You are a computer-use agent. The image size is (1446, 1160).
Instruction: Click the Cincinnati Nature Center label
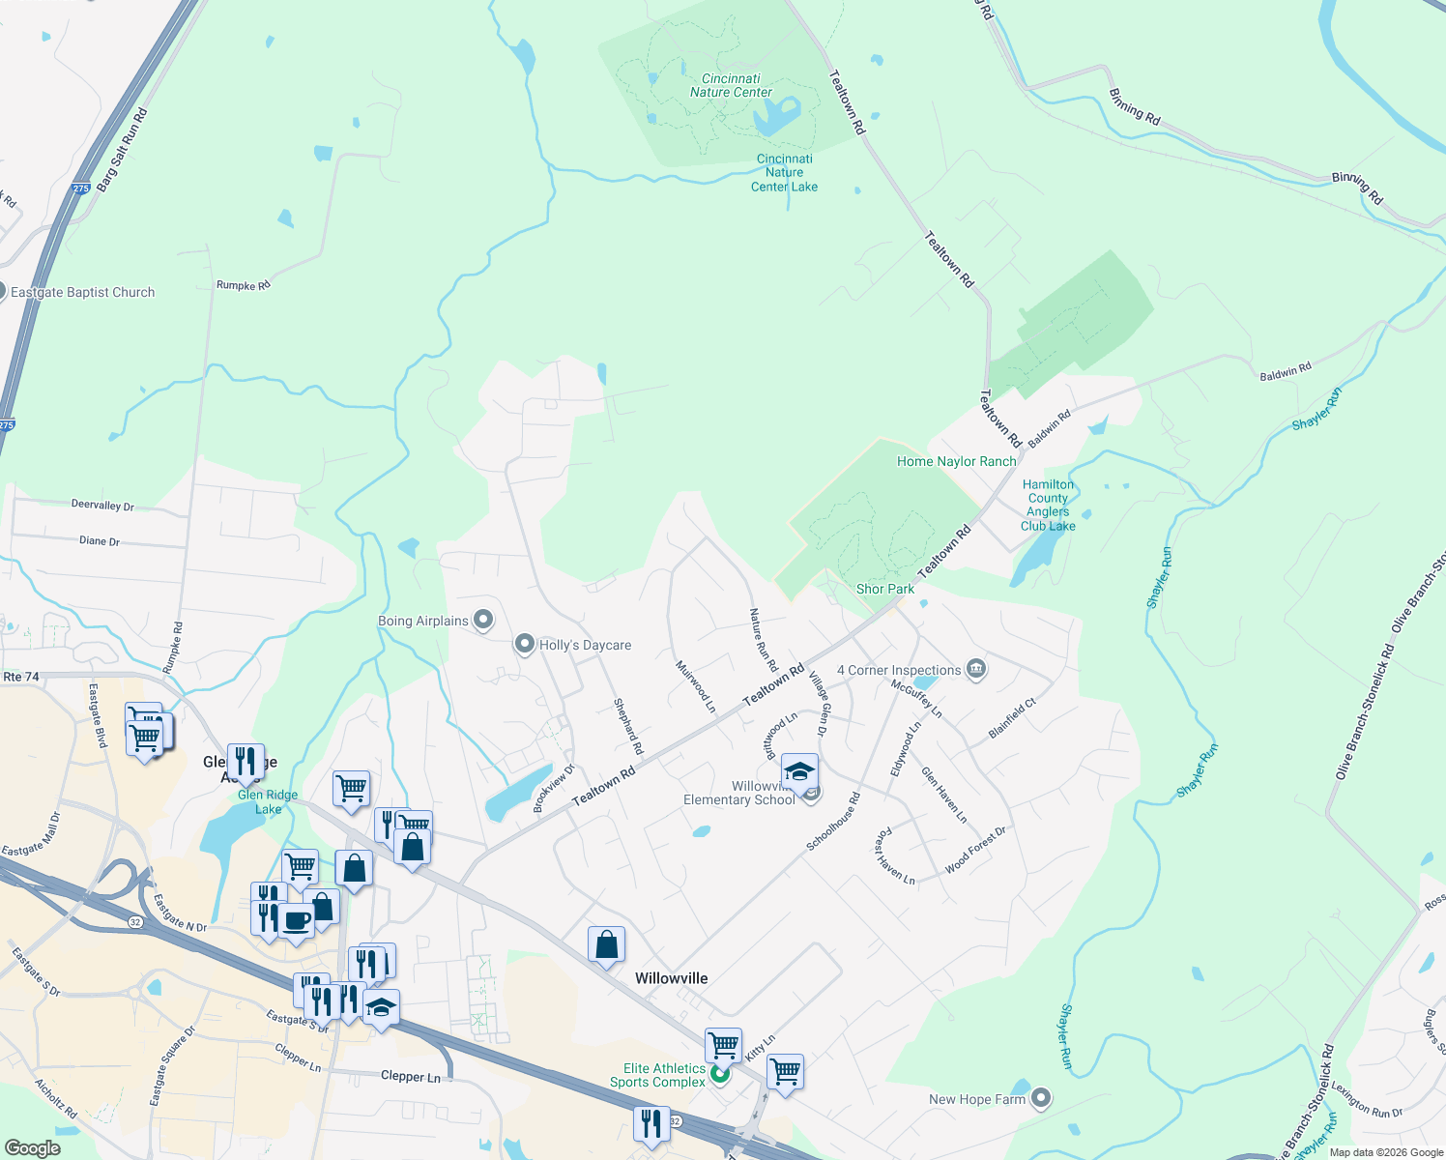click(x=731, y=86)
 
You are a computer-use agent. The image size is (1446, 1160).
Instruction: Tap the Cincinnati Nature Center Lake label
click(x=784, y=173)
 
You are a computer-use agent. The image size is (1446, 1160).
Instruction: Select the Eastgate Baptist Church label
click(x=82, y=292)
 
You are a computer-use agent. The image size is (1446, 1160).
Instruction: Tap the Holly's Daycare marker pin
click(x=524, y=644)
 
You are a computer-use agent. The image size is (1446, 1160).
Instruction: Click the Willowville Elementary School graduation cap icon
click(x=799, y=771)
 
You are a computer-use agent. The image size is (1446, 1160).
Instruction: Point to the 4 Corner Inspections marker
click(x=976, y=669)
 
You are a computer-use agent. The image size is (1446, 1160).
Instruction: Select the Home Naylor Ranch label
click(x=956, y=461)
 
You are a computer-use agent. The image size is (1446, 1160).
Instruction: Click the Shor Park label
click(x=884, y=589)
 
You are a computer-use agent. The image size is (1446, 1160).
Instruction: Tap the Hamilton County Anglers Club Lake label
click(x=1048, y=506)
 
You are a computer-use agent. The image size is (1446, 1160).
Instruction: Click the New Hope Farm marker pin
click(x=1041, y=1098)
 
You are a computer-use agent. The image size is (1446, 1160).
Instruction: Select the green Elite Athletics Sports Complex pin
click(x=719, y=1073)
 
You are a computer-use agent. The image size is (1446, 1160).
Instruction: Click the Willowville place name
click(x=671, y=978)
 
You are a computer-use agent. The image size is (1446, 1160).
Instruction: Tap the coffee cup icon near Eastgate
click(x=297, y=920)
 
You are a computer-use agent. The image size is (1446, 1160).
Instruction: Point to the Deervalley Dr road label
click(x=102, y=505)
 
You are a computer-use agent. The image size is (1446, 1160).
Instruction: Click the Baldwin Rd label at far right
click(x=1286, y=371)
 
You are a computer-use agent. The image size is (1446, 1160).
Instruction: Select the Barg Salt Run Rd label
click(x=122, y=149)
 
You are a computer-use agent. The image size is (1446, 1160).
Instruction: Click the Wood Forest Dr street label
click(x=974, y=851)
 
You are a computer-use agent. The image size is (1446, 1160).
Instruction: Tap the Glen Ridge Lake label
click(x=268, y=802)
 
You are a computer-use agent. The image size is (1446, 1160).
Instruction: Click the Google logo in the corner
click(x=33, y=1147)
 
